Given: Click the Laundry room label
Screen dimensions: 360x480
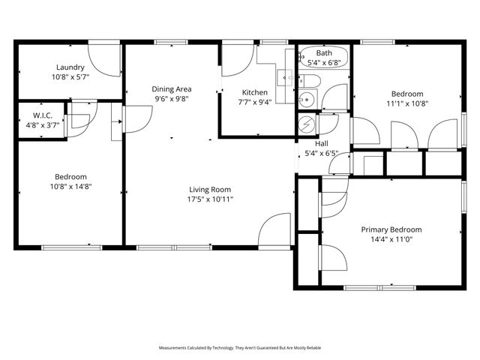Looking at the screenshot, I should [x=70, y=67].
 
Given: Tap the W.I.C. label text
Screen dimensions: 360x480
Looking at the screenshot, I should [x=40, y=115].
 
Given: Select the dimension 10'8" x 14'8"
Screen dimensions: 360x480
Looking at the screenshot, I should [x=70, y=186].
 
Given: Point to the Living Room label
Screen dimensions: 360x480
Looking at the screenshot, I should [x=209, y=190].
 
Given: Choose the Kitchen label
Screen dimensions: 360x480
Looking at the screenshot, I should [x=253, y=92].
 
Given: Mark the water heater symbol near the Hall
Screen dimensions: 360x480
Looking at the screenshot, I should [x=307, y=124].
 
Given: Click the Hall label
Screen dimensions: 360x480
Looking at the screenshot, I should [x=321, y=142].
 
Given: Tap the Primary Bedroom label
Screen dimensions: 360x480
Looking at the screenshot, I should [x=391, y=229].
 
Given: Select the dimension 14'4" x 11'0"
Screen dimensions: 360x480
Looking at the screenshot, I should [x=391, y=239].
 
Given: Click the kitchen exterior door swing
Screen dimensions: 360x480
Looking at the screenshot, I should [x=237, y=60].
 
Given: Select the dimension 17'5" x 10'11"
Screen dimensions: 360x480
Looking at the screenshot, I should [x=209, y=199].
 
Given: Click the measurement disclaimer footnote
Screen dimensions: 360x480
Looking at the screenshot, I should [x=240, y=348].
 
